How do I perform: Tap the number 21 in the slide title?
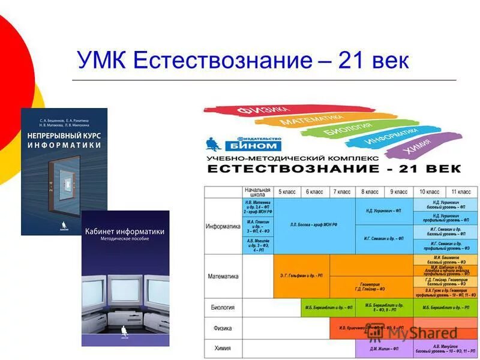click(355, 61)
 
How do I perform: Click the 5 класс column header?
click(287, 191)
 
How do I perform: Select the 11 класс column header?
click(460, 191)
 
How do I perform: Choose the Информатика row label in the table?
click(223, 226)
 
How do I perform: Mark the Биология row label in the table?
click(223, 307)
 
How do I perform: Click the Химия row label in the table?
click(223, 348)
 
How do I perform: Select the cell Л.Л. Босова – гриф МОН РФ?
click(314, 225)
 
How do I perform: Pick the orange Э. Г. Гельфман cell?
click(301, 275)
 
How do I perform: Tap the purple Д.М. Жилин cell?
click(383, 348)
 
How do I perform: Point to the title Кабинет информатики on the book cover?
click(125, 232)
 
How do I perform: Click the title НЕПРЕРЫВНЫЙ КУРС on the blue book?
click(64, 136)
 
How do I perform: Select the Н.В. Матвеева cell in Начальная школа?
click(257, 206)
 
